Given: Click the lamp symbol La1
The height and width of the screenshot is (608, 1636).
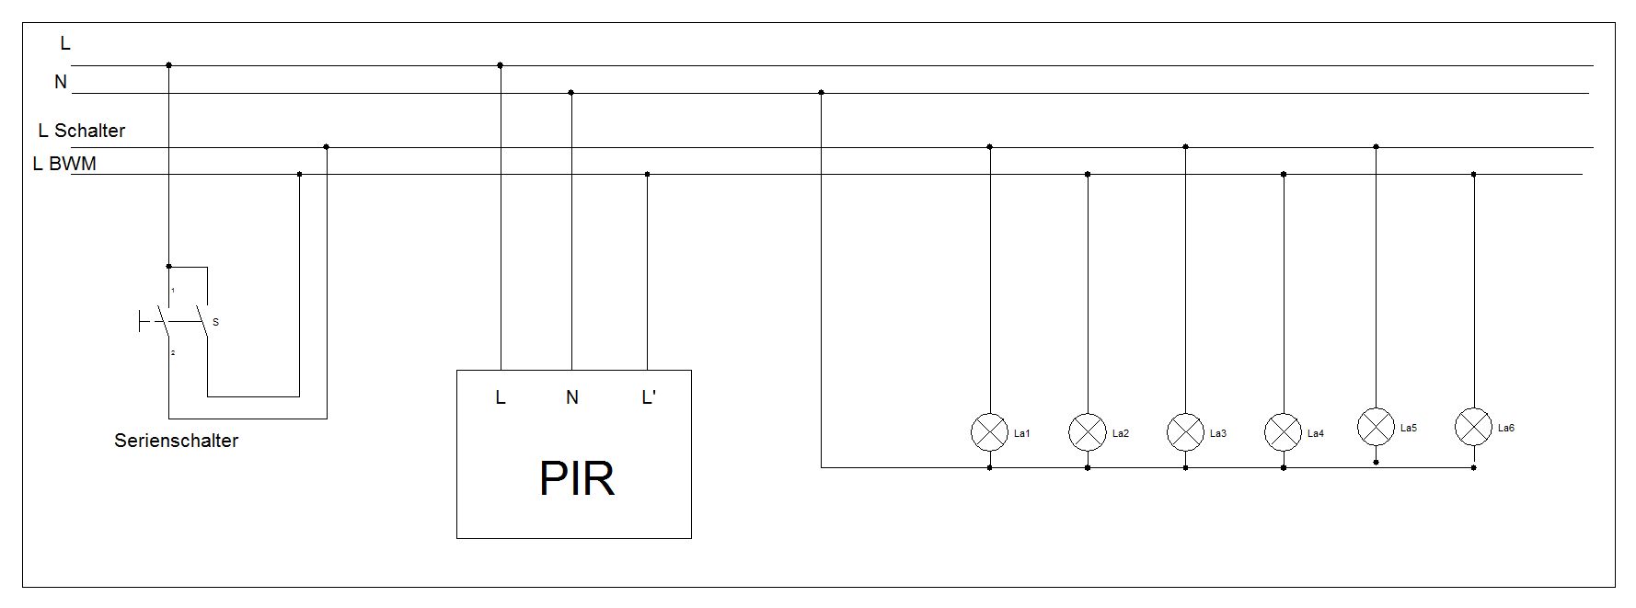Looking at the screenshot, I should click(x=989, y=431).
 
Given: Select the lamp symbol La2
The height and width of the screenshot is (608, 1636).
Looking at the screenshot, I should click(x=1087, y=431).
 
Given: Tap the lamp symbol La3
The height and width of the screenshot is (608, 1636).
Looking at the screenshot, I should click(x=1185, y=431).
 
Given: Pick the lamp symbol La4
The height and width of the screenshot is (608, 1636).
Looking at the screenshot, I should click(x=1283, y=431).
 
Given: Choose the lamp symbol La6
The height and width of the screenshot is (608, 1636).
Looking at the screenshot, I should click(x=1473, y=426).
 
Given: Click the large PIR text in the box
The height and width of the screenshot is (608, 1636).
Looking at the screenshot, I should click(x=576, y=478).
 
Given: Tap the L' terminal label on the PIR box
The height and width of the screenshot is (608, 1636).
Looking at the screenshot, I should click(x=649, y=397).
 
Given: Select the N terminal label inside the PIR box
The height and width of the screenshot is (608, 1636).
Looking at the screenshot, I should click(x=571, y=397).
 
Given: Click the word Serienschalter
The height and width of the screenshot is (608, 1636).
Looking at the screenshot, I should click(x=176, y=441).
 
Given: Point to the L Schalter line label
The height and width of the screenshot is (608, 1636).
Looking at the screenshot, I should click(x=81, y=131).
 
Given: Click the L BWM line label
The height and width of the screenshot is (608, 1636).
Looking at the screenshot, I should click(x=64, y=165).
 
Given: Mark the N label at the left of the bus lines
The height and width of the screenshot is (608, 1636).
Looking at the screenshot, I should click(x=61, y=82).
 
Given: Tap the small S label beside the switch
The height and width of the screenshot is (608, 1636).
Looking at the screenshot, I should click(x=215, y=323).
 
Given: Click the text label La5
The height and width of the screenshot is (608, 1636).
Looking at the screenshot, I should click(x=1408, y=428).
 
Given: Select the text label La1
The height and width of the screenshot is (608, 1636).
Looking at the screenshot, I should click(x=1021, y=433).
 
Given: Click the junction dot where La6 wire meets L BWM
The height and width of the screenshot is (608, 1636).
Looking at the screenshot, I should click(x=1473, y=174).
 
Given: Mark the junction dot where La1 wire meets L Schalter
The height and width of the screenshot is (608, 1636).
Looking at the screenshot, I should click(x=989, y=146).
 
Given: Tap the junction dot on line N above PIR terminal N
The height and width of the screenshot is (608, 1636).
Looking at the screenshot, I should click(x=571, y=93).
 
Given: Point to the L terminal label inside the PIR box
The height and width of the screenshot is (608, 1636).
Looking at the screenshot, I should click(x=501, y=397).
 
